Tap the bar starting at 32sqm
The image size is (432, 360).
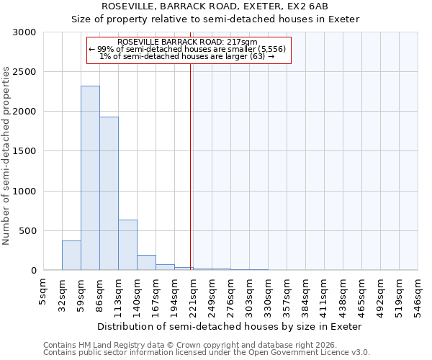pyautogui.click(x=71, y=256)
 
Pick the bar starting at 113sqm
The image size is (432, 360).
pyautogui.click(x=127, y=245)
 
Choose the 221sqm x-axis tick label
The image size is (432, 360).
pyautogui.click(x=193, y=294)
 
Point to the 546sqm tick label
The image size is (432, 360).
pyautogui.click(x=418, y=294)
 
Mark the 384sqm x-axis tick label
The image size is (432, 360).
pyautogui.click(x=305, y=294)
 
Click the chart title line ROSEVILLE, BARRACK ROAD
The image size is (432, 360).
pyautogui.click(x=215, y=6)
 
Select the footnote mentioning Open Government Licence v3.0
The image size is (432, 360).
pyautogui.click(x=207, y=353)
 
